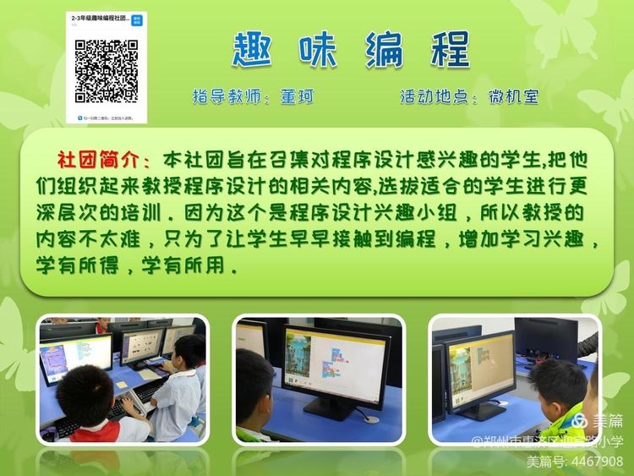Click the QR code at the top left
coord(107,71)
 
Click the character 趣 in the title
coord(254,50)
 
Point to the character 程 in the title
coord(448,50)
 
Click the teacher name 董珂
coord(297,97)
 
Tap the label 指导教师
coord(224,97)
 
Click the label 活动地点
coord(433,97)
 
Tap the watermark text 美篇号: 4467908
coord(574,462)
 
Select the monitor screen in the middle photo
coord(335,363)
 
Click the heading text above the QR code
coord(101,19)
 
